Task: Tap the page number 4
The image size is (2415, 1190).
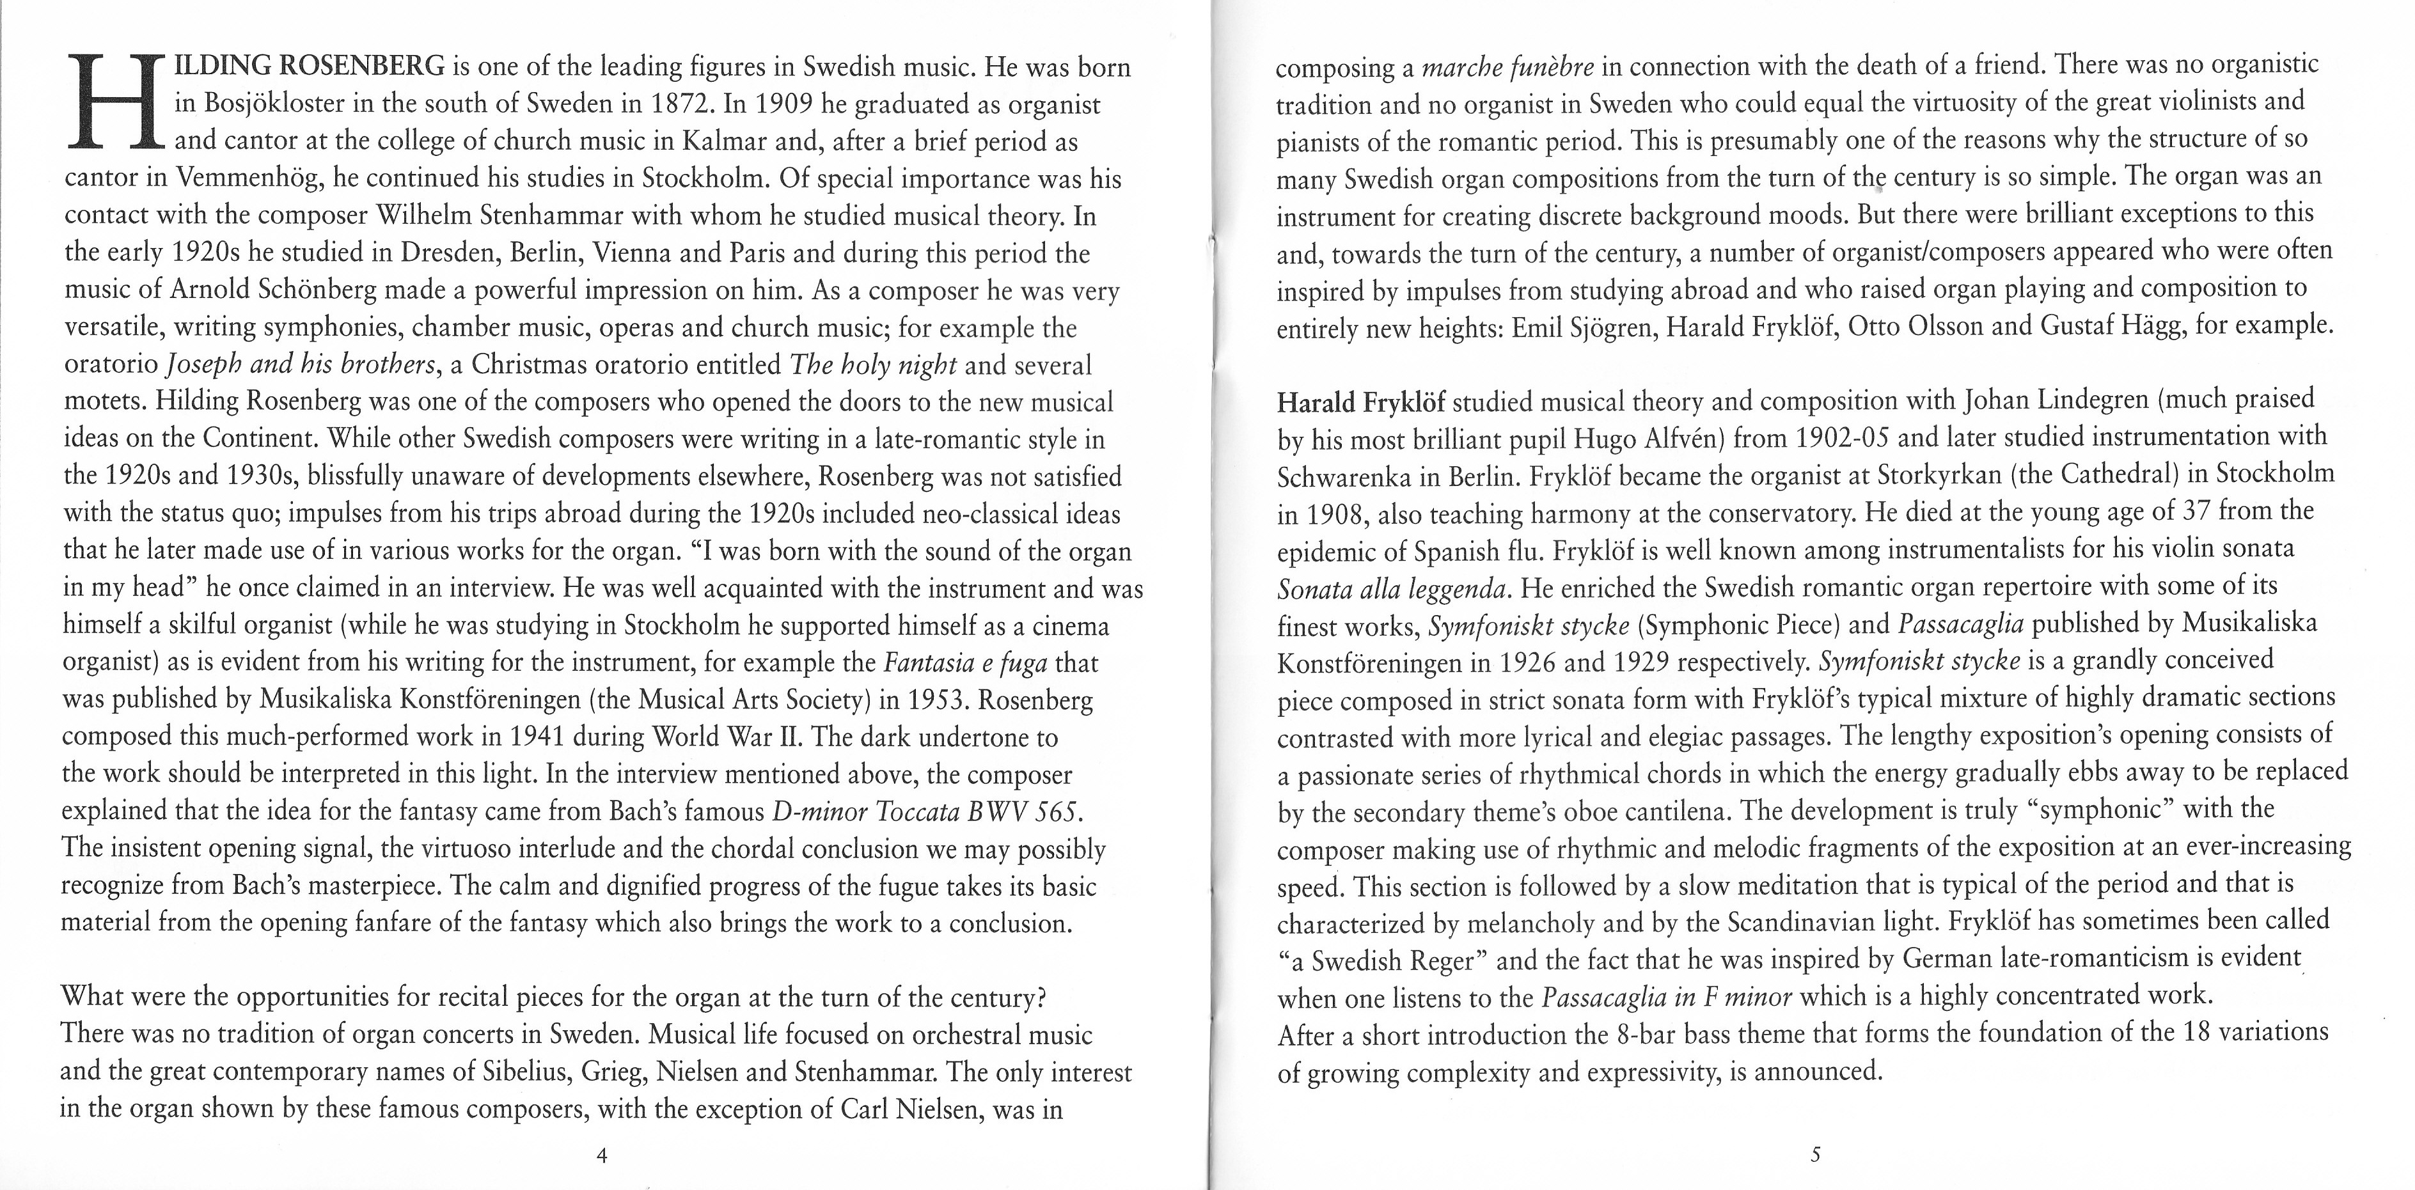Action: pos(602,1155)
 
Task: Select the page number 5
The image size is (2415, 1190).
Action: pos(1815,1154)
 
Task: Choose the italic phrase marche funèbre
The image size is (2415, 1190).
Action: pos(1507,68)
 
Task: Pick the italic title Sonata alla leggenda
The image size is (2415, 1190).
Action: pos(1393,588)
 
